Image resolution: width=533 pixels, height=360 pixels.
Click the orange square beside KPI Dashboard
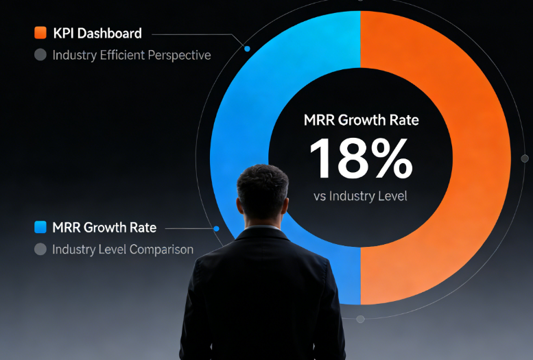click(40, 33)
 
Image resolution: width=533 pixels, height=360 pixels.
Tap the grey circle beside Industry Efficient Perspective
click(40, 55)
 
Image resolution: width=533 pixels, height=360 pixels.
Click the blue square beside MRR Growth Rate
click(40, 227)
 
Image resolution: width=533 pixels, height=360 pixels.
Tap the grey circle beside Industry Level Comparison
click(40, 250)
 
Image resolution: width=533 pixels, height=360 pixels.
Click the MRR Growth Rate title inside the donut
click(361, 120)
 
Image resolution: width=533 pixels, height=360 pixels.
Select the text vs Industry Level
click(360, 196)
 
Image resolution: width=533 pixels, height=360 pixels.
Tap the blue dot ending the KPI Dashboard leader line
click(247, 49)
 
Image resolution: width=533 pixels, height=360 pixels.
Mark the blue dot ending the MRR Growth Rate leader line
click(217, 228)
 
